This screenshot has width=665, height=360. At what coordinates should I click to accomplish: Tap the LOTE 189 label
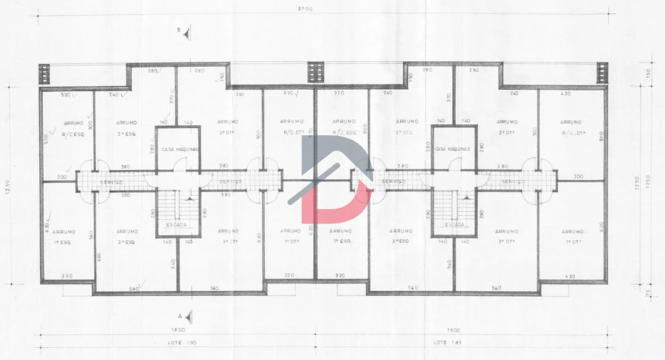tap(445, 343)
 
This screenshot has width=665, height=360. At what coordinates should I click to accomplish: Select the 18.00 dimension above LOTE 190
tap(177, 330)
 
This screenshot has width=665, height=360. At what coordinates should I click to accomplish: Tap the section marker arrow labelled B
tap(185, 32)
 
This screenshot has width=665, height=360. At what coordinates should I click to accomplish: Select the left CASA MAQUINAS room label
tap(179, 149)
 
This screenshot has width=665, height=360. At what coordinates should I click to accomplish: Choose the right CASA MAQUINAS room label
tap(453, 149)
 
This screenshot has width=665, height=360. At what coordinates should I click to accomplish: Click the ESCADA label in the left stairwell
tap(177, 225)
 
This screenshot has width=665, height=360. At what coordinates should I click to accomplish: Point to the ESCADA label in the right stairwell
tap(454, 225)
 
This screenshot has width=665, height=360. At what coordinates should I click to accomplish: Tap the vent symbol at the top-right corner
tap(602, 73)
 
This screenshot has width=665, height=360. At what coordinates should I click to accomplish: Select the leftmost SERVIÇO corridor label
tap(112, 182)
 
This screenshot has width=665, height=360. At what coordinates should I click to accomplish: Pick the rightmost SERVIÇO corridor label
tap(513, 182)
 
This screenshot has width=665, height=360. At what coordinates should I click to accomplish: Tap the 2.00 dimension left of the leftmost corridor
tap(61, 176)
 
